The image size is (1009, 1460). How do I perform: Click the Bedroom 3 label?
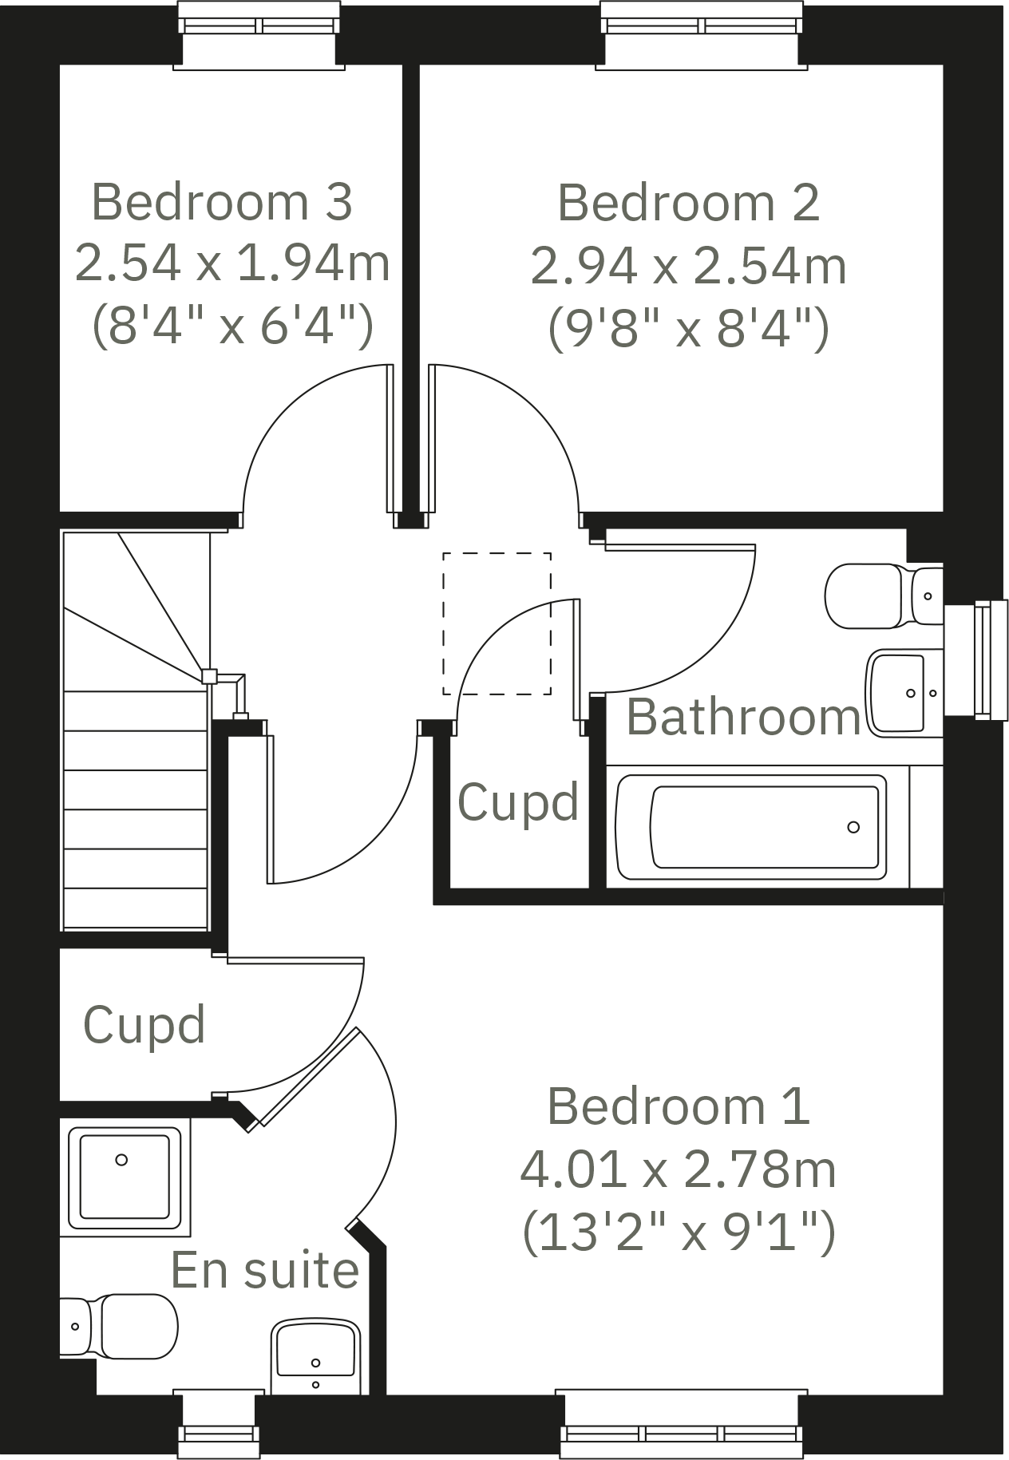pos(222,202)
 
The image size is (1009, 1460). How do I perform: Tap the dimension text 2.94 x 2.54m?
pos(688,266)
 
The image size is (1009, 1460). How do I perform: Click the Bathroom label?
pos(743,717)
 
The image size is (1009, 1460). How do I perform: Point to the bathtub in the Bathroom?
pos(750,827)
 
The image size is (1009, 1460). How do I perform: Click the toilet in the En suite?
pos(120,1326)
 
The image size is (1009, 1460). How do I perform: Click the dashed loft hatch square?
pos(497,623)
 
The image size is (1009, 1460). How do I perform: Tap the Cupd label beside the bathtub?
pos(517,802)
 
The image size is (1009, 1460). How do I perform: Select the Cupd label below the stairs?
pos(144,1025)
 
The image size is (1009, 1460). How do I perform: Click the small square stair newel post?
pos(208,676)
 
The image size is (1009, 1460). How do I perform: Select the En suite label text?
pos(265,1270)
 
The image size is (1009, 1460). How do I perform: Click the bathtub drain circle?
pos(853,827)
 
